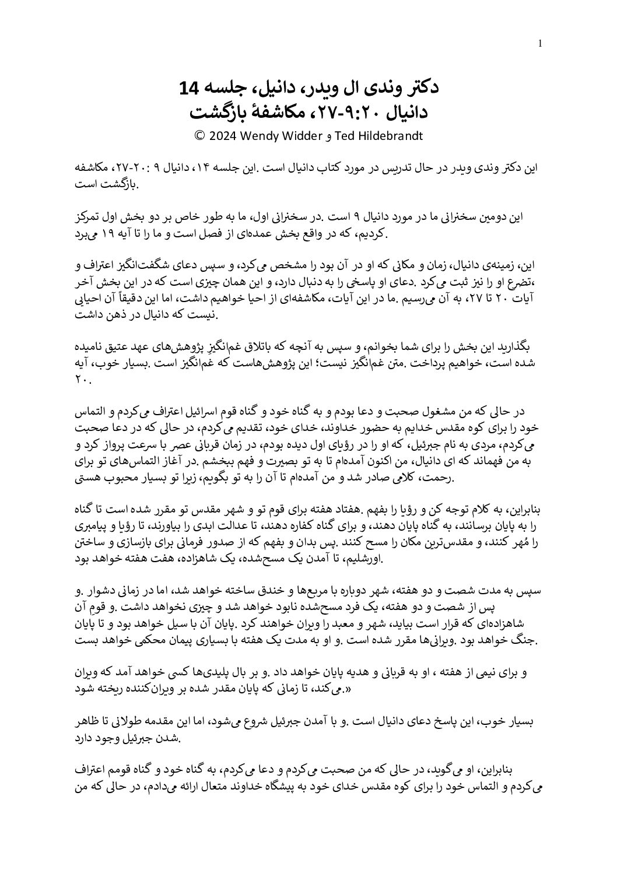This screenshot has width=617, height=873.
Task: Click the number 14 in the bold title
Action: (191, 88)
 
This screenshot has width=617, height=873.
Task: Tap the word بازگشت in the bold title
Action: (218, 110)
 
